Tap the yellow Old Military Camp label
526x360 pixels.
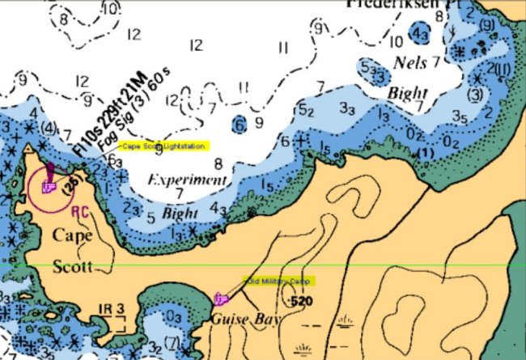278,281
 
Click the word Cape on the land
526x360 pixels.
71,236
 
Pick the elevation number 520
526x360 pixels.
301,302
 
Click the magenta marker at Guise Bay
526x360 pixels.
219,299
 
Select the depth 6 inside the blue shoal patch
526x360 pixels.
239,124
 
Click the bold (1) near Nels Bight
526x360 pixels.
426,153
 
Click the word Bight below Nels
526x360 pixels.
406,93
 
